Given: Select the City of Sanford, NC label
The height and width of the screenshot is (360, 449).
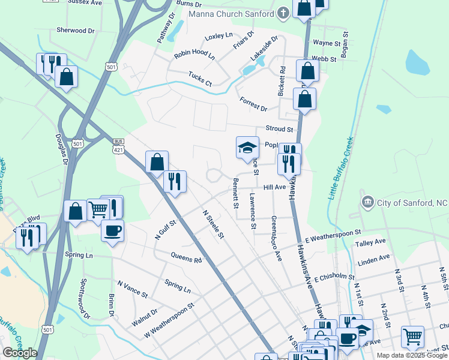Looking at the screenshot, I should pyautogui.click(x=412, y=203).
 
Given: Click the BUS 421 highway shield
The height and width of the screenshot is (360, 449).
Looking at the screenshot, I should pyautogui.click(x=118, y=145).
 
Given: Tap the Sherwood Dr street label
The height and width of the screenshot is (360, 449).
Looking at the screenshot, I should pyautogui.click(x=75, y=30).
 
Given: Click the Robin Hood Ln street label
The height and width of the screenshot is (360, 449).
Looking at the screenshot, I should pyautogui.click(x=194, y=55).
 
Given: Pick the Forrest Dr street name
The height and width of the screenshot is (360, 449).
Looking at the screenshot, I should pyautogui.click(x=253, y=104).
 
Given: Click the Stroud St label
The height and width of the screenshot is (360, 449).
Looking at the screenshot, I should pyautogui.click(x=279, y=129).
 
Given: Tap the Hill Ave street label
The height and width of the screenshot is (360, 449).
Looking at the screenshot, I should pyautogui.click(x=274, y=187).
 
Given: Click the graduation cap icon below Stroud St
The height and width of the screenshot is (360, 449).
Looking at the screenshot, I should pyautogui.click(x=247, y=148).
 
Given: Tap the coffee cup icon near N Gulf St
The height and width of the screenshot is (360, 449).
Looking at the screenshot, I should pyautogui.click(x=112, y=230).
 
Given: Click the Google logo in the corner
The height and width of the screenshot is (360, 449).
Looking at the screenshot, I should pyautogui.click(x=19, y=353).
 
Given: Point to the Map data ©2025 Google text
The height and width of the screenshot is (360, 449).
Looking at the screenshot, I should pyautogui.click(x=411, y=355).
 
